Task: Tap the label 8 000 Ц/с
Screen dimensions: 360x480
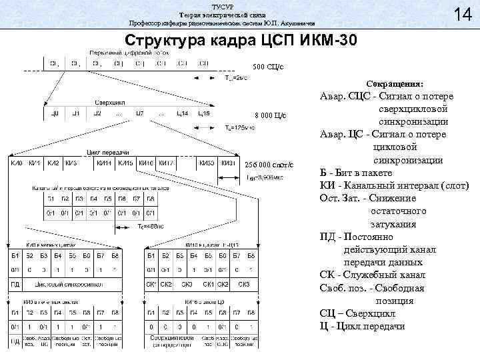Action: click(x=270, y=116)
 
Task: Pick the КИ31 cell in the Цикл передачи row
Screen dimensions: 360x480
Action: click(x=227, y=162)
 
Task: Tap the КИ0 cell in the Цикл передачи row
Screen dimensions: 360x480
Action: click(x=16, y=162)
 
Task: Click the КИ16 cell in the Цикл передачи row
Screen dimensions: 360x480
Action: click(x=146, y=162)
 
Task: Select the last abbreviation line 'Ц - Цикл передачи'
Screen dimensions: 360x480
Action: click(x=363, y=326)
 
